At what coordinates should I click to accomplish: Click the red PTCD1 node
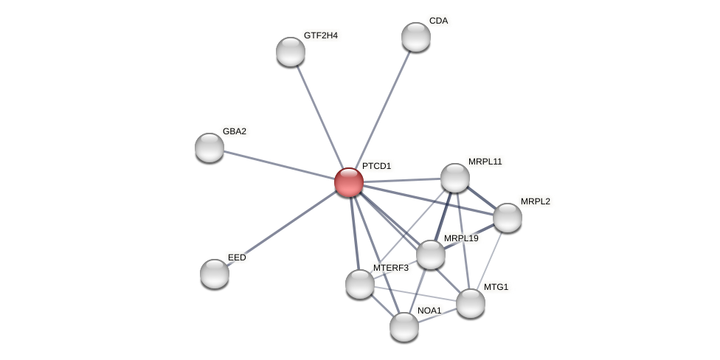click(x=349, y=182)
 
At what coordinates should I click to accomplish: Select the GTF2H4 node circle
click(x=291, y=52)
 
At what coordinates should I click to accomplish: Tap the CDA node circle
click(x=416, y=37)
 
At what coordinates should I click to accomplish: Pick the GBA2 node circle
click(x=210, y=148)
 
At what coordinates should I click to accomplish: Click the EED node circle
click(x=215, y=274)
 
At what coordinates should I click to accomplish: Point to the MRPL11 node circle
click(x=455, y=178)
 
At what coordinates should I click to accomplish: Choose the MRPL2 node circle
click(x=508, y=218)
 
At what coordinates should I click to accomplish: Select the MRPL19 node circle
click(x=431, y=255)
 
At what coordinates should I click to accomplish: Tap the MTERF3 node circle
click(x=360, y=284)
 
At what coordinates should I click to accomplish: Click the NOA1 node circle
click(x=404, y=327)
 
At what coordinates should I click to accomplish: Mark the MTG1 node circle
click(x=471, y=303)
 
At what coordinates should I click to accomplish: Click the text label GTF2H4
click(x=320, y=35)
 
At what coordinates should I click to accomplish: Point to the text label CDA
click(x=438, y=21)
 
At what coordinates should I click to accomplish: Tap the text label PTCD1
click(x=376, y=166)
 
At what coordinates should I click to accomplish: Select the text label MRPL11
click(x=485, y=162)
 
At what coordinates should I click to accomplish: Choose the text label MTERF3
click(x=390, y=268)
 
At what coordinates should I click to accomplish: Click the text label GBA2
click(x=235, y=131)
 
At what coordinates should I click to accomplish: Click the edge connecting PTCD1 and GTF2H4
click(x=319, y=114)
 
